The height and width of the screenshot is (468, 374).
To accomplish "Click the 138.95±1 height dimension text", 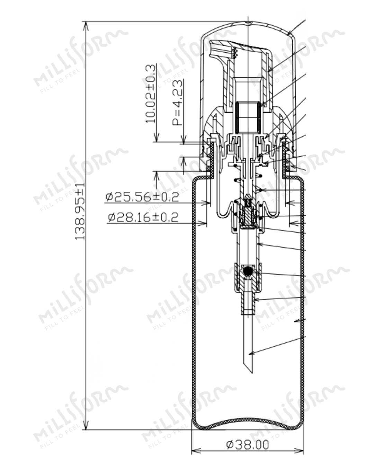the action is pyautogui.click(x=80, y=211).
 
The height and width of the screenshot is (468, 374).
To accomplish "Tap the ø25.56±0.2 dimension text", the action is pyautogui.click(x=142, y=197).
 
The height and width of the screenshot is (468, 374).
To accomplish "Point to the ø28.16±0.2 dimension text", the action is pyautogui.click(x=143, y=217).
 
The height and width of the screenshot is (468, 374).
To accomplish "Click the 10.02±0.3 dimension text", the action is pyautogui.click(x=151, y=94).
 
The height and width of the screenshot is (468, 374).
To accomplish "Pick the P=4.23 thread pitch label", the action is pyautogui.click(x=177, y=102).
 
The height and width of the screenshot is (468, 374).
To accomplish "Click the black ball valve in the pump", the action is pyautogui.click(x=248, y=271).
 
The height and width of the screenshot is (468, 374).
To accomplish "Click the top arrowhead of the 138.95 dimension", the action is pyautogui.click(x=86, y=27).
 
